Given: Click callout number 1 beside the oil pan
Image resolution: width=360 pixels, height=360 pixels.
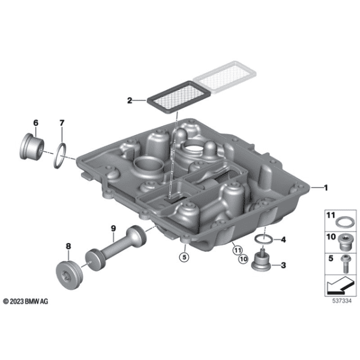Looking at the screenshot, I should [x=326, y=187].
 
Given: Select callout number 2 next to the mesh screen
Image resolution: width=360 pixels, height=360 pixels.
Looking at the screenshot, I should [x=129, y=100].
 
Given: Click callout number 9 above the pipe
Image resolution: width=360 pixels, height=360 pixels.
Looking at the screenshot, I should [x=113, y=227].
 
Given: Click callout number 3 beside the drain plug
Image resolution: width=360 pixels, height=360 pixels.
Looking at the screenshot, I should [x=283, y=265].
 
